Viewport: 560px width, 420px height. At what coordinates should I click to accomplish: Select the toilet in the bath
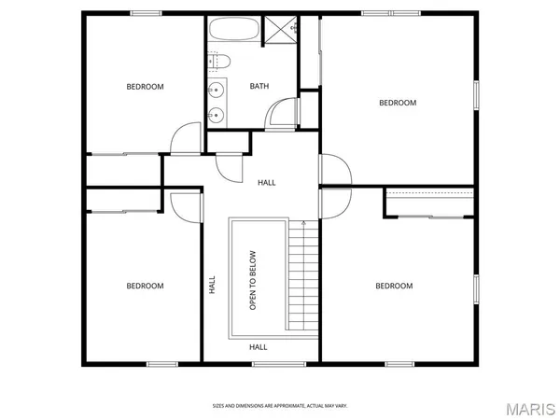tap(220, 62)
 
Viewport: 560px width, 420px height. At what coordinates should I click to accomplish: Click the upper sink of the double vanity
tap(217, 91)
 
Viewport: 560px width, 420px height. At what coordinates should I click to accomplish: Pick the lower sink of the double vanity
tap(217, 116)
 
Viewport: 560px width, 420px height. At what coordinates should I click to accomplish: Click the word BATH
tap(259, 87)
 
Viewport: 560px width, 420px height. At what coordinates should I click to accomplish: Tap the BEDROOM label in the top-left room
tap(145, 87)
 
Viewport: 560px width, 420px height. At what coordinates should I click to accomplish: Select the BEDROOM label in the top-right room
tap(397, 103)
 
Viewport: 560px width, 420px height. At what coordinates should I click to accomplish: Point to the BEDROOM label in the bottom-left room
tap(145, 286)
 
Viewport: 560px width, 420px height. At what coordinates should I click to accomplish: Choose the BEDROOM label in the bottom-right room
tap(394, 286)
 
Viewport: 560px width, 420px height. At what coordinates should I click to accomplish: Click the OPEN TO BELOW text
tap(252, 280)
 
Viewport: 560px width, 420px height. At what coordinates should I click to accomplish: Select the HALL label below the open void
tap(259, 346)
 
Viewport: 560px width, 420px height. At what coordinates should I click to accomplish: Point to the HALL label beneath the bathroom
tap(266, 182)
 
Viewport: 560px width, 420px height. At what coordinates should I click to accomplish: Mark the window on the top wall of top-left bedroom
tap(145, 13)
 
